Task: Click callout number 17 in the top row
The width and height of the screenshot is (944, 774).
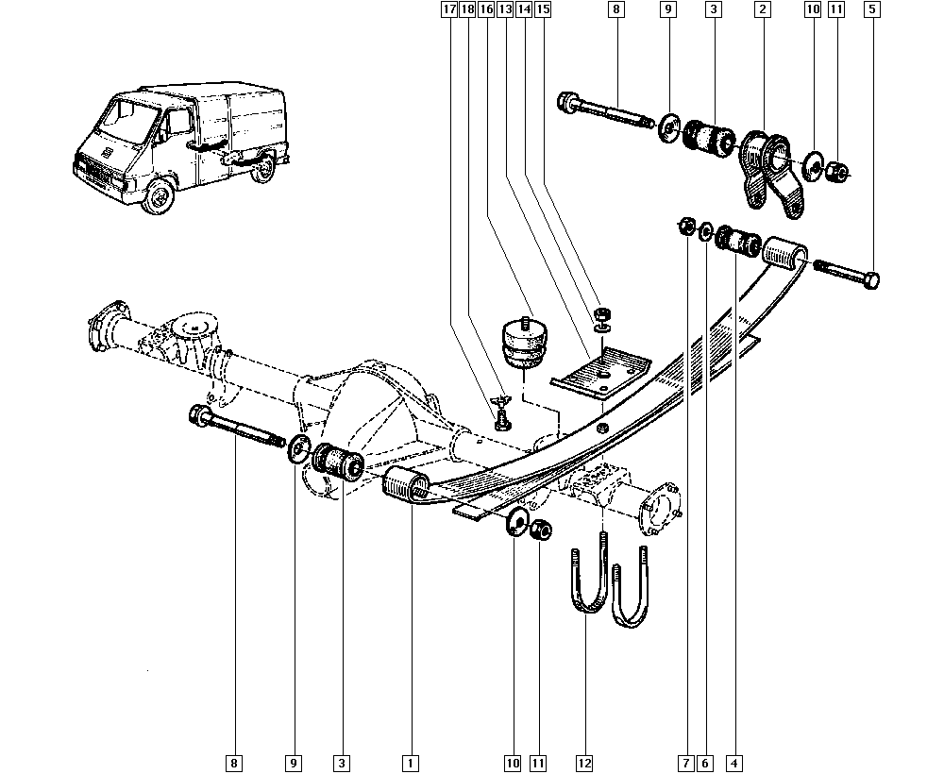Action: pyautogui.click(x=447, y=9)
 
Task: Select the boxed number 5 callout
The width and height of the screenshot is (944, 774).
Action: pyautogui.click(x=871, y=9)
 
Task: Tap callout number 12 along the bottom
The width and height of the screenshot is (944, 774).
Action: pyautogui.click(x=584, y=762)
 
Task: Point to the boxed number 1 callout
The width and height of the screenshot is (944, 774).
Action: pyautogui.click(x=410, y=762)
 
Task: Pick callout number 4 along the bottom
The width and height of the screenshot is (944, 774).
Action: pyautogui.click(x=733, y=762)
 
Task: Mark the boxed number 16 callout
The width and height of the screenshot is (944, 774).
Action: pyautogui.click(x=485, y=9)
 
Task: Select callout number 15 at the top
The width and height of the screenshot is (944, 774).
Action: pyautogui.click(x=542, y=9)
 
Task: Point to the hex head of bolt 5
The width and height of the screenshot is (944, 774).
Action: pyautogui.click(x=871, y=280)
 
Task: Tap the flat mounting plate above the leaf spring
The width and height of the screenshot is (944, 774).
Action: pyautogui.click(x=598, y=371)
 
